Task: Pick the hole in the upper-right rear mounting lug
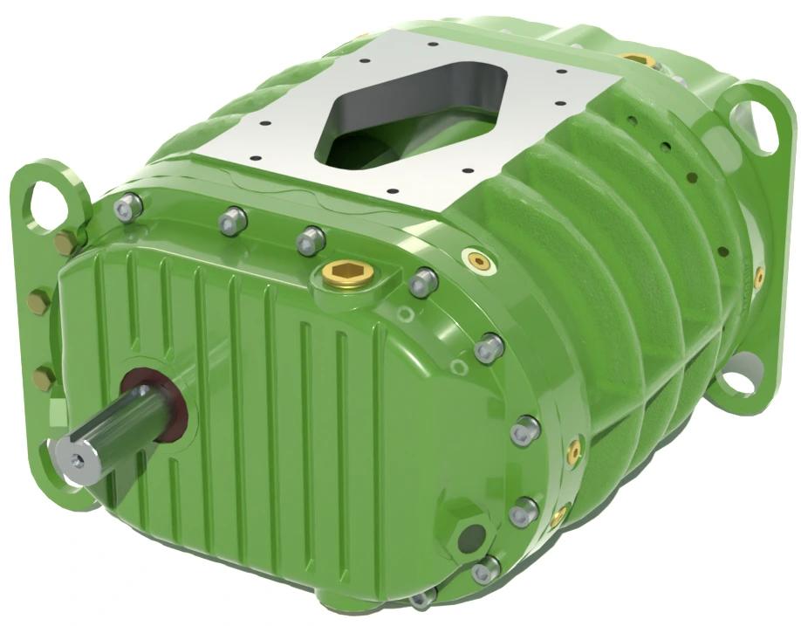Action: click(752, 122)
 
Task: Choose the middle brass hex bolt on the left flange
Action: click(38, 304)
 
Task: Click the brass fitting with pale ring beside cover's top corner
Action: click(478, 259)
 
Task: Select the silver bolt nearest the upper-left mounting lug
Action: click(129, 206)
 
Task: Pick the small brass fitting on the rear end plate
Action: click(759, 278)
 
